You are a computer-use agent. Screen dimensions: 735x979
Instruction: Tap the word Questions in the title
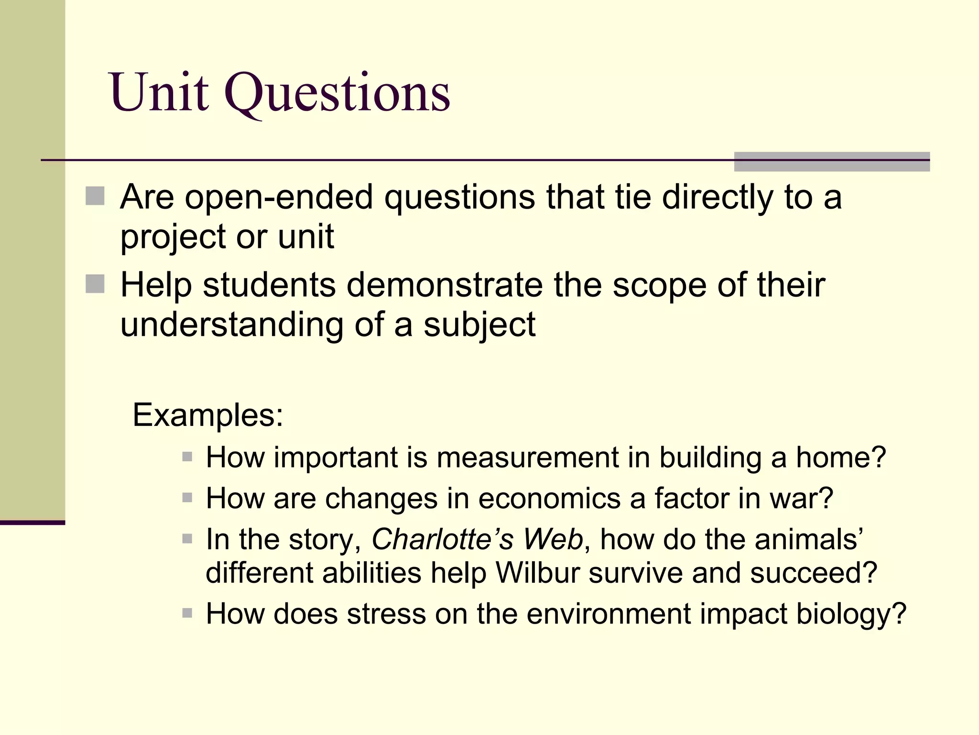point(337,93)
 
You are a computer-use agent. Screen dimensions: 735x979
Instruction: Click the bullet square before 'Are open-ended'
point(95,196)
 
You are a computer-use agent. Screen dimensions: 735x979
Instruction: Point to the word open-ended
point(279,197)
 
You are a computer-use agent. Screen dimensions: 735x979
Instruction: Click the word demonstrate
point(445,285)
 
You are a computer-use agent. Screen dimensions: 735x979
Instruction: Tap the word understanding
point(231,325)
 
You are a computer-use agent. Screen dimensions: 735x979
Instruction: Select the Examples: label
point(208,415)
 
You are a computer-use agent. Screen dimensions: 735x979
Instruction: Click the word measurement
point(527,457)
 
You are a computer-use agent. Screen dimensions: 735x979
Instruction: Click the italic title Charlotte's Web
point(477,539)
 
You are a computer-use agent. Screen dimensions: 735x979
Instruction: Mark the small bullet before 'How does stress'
point(187,613)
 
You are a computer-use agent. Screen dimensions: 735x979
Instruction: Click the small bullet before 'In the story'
point(187,539)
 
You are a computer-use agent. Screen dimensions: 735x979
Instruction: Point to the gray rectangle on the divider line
point(831,162)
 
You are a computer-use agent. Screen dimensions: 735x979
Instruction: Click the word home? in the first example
point(841,457)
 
